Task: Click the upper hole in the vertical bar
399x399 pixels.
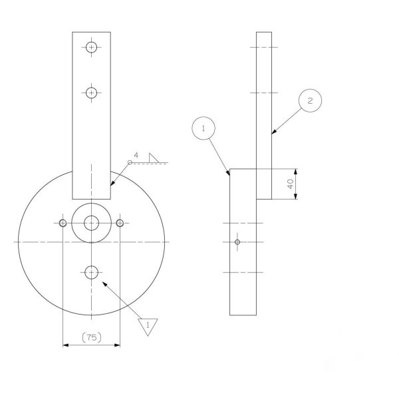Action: coord(92,47)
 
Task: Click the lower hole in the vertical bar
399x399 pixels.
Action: coord(92,92)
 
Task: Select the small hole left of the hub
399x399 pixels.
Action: coord(63,222)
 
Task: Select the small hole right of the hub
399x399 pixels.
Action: coord(120,222)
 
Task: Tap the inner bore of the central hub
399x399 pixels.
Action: coord(92,222)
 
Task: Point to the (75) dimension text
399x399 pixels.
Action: coord(92,337)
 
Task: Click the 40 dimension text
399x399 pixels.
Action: coord(291,184)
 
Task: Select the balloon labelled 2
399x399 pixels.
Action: coord(310,100)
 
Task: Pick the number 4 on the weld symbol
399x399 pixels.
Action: coord(136,156)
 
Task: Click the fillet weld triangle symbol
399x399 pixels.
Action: coord(156,157)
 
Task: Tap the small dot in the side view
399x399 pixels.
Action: coord(237,242)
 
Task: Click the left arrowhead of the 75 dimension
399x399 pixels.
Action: coord(65,344)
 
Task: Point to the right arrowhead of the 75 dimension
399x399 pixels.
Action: coord(118,344)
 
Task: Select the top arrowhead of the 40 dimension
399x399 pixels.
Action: coord(295,170)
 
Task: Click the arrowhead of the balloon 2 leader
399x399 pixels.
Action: coord(273,134)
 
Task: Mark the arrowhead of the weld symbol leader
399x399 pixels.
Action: coord(112,185)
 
